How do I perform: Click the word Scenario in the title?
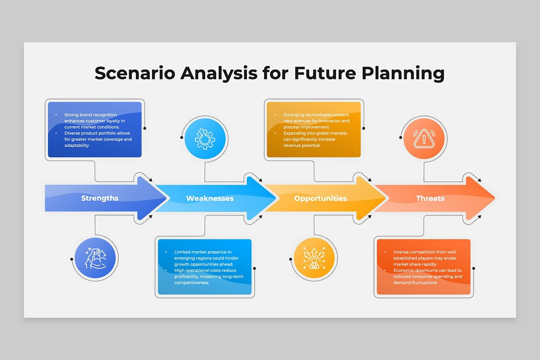click(x=135, y=73)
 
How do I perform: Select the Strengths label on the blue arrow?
click(x=100, y=198)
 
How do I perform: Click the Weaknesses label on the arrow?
click(x=210, y=198)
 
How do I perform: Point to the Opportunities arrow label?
click(x=320, y=198)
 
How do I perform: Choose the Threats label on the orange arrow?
click(x=430, y=198)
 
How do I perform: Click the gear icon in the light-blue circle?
click(x=205, y=139)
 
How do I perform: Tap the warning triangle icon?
click(x=424, y=139)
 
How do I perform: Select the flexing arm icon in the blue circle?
click(x=95, y=258)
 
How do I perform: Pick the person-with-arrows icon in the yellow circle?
click(x=314, y=258)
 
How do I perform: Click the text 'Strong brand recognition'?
click(x=90, y=115)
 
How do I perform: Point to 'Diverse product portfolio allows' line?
click(x=97, y=133)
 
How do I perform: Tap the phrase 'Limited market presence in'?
click(x=203, y=252)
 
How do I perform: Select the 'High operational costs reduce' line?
click(x=205, y=270)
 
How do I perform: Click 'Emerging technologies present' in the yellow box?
click(x=316, y=115)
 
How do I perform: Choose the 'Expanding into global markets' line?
click(x=315, y=133)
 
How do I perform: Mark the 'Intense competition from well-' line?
click(x=425, y=252)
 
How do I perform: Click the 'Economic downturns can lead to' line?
click(x=427, y=270)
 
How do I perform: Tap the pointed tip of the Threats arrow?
click(x=495, y=198)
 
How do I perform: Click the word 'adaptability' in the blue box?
click(x=76, y=145)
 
